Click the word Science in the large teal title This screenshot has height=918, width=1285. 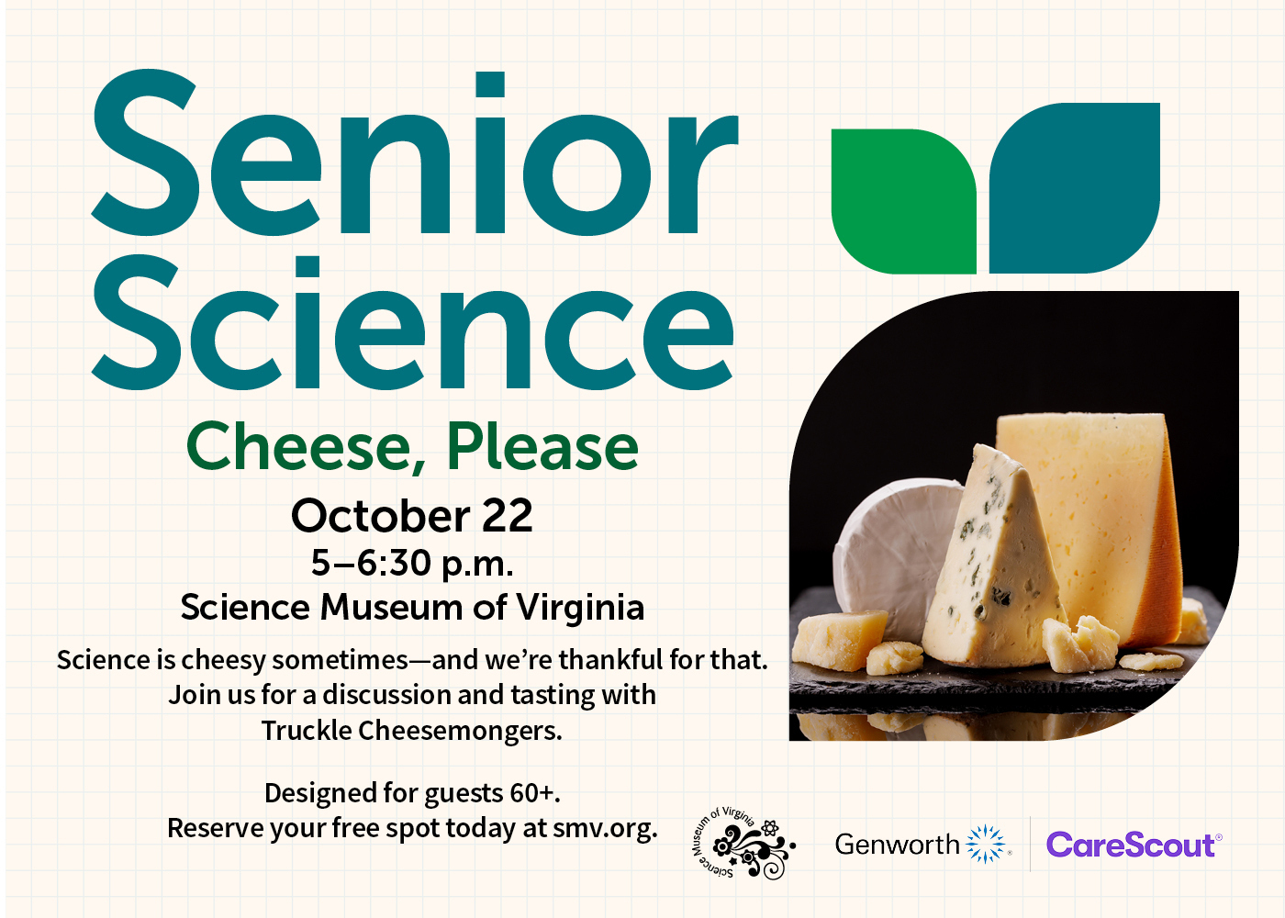412,322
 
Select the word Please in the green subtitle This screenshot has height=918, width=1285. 542,446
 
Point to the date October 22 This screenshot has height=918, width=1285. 412,515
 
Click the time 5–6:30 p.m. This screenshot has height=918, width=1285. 412,564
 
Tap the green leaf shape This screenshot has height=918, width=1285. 903,201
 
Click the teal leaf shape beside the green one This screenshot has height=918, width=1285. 1075,188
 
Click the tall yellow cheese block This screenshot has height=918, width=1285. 1084,522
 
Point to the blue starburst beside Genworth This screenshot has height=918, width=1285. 985,844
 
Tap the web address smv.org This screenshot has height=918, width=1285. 605,829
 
